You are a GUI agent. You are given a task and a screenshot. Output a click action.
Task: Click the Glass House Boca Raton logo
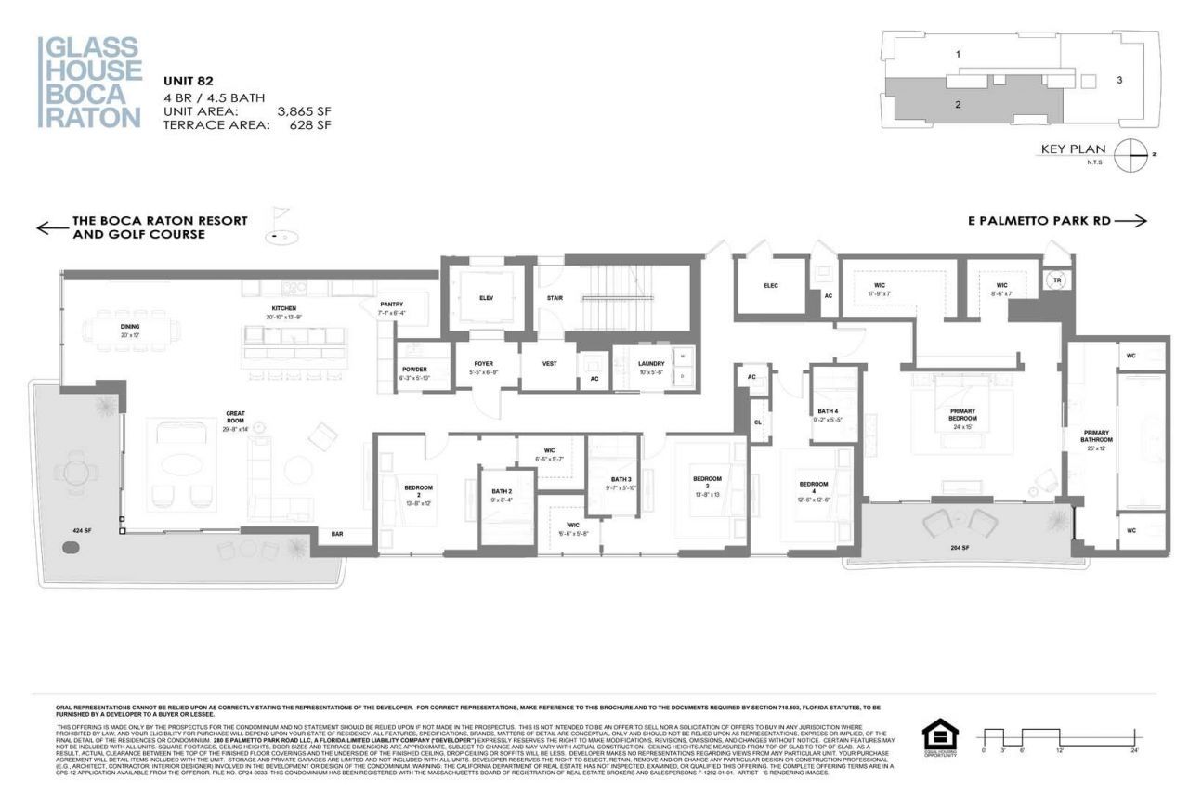tap(89, 82)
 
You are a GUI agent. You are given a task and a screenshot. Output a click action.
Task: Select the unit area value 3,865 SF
tap(304, 111)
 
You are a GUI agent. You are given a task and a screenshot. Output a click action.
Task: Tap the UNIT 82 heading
tap(190, 81)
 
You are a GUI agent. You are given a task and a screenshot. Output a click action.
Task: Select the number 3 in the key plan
tap(1119, 81)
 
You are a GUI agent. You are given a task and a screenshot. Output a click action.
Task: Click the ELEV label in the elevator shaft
tap(488, 298)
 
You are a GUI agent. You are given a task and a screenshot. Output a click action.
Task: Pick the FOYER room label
tap(483, 365)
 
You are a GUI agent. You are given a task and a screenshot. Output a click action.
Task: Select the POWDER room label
tap(413, 370)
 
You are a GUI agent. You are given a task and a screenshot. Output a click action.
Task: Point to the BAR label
tap(337, 534)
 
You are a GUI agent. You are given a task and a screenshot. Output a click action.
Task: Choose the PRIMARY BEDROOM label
tap(961, 414)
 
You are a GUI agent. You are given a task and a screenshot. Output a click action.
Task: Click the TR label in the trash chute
tap(1056, 279)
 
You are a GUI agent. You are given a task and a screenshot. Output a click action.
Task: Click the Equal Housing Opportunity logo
tap(939, 738)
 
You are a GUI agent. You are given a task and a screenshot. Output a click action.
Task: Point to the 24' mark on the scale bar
tap(1135, 748)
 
